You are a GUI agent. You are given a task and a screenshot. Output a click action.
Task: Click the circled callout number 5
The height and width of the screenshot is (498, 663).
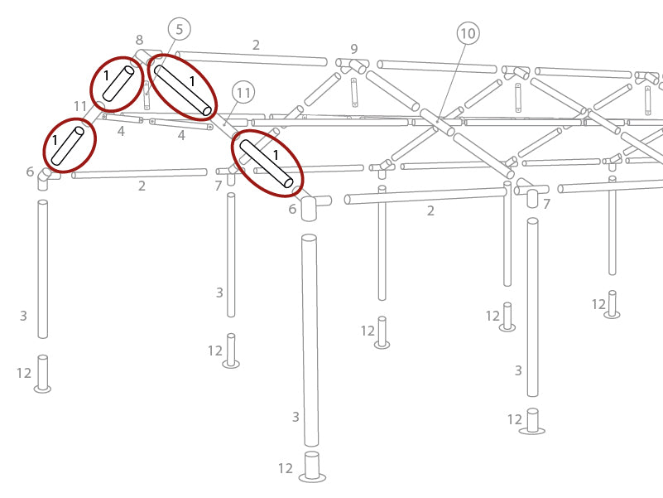tap(179, 30)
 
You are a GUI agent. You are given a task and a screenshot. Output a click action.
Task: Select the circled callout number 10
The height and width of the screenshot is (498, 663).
tap(468, 33)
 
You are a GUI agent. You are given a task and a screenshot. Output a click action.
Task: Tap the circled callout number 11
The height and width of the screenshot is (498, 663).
tap(243, 92)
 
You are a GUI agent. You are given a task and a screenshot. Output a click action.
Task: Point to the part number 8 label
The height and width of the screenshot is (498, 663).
tap(139, 40)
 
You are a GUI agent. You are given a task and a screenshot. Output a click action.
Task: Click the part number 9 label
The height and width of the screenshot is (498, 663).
tap(354, 49)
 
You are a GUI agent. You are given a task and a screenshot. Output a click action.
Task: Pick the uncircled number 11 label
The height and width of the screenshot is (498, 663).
tap(80, 106)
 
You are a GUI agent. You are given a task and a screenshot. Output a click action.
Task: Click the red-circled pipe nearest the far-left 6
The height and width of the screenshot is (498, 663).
tap(69, 146)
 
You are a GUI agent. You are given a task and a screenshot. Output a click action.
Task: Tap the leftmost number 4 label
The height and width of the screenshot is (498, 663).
tap(121, 131)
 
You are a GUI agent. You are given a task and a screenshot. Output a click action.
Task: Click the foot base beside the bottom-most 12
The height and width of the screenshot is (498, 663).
tap(311, 467)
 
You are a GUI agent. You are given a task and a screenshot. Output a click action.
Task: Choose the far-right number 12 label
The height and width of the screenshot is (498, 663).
tap(598, 305)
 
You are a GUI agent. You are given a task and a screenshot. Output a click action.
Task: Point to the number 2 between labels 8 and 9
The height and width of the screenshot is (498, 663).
tap(256, 46)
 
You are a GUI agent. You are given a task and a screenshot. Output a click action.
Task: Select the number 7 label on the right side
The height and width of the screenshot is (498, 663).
tap(546, 204)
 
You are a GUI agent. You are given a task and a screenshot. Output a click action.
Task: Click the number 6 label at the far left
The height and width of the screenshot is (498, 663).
tap(30, 172)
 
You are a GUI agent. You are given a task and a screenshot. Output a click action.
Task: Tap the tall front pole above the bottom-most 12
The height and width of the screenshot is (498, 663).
tap(310, 340)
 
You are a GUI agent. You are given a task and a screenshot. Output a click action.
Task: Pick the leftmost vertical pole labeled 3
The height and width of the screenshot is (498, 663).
tap(42, 268)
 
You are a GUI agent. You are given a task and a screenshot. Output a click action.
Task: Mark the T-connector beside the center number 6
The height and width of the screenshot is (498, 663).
tap(310, 204)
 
